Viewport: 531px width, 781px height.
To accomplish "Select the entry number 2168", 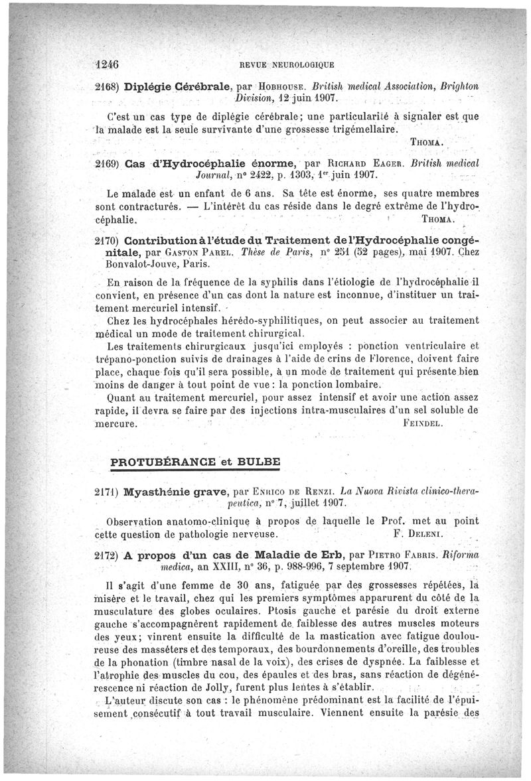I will (x=107, y=86).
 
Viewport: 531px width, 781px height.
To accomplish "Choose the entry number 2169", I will (x=107, y=164).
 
